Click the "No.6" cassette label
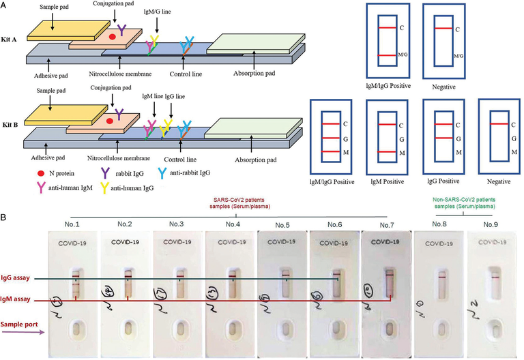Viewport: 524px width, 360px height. point(334,223)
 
